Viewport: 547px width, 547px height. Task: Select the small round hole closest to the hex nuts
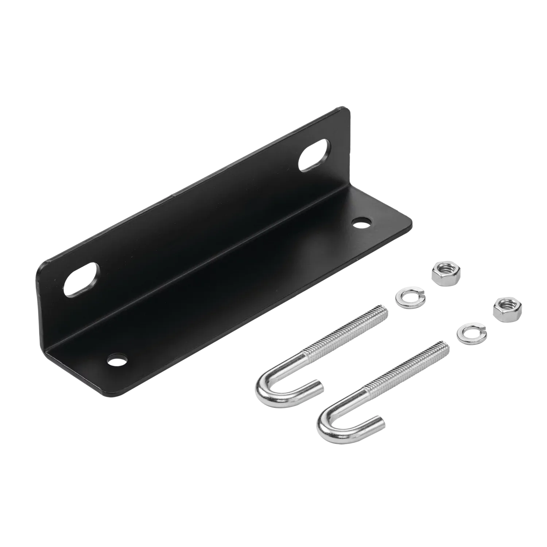[x=361, y=222]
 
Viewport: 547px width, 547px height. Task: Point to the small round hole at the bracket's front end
[x=117, y=361]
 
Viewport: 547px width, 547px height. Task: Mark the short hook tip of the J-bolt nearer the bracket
[x=318, y=386]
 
